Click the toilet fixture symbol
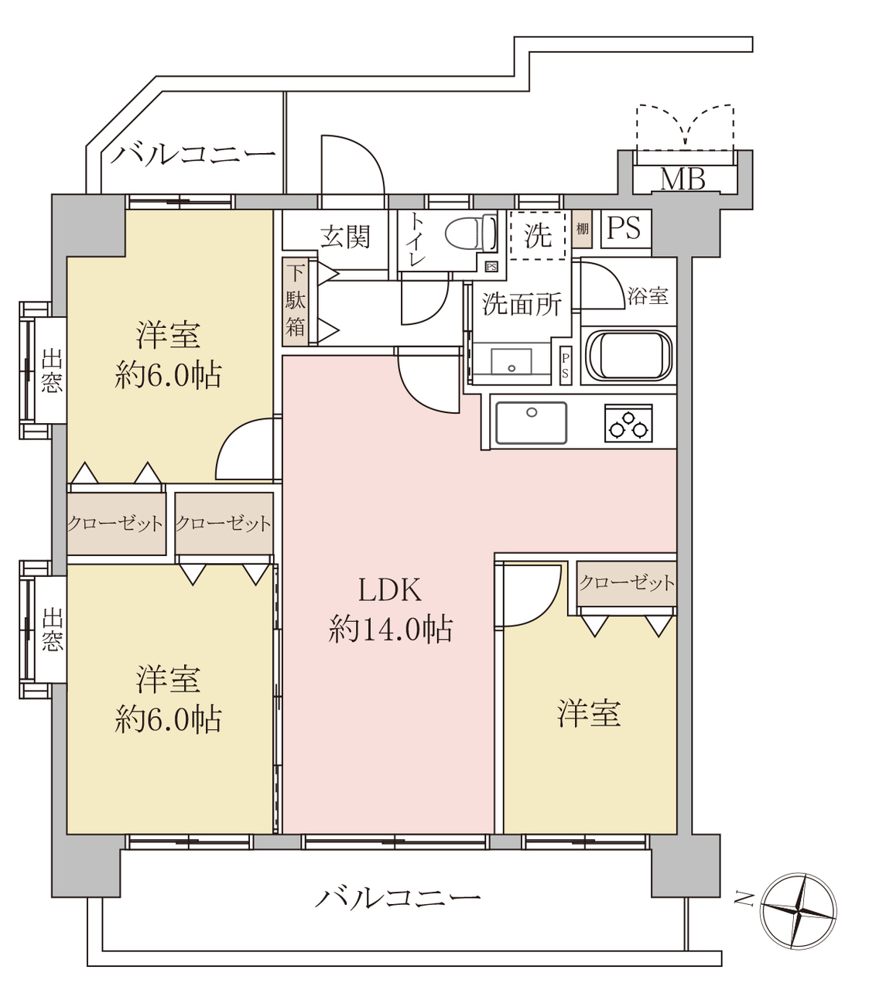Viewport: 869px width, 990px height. [x=471, y=234]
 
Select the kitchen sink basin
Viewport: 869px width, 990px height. [x=531, y=422]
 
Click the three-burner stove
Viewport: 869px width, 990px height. [x=628, y=422]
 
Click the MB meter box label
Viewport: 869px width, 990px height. [x=683, y=179]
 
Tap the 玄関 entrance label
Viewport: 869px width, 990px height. [x=345, y=237]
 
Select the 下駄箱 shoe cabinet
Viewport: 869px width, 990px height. [x=295, y=302]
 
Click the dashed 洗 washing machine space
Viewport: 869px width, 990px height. [x=538, y=235]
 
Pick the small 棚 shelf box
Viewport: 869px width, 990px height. [x=582, y=229]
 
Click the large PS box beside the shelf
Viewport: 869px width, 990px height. [x=625, y=229]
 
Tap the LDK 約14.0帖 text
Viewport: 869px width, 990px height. [x=390, y=609]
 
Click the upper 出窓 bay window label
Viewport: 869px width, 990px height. [x=51, y=370]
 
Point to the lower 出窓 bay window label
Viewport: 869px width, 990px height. [x=52, y=629]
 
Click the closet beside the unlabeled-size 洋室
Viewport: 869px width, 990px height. [x=627, y=583]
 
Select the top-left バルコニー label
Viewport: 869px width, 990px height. [x=193, y=155]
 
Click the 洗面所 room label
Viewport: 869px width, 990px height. [x=522, y=304]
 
